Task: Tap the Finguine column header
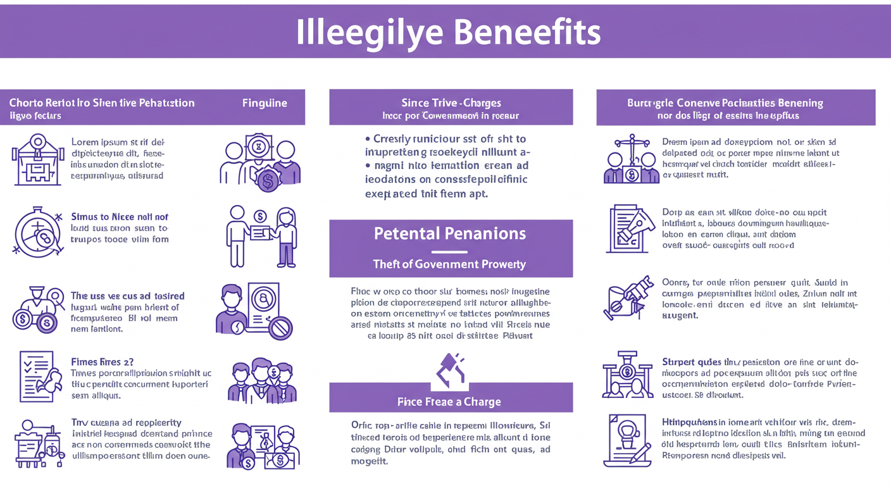point(264,103)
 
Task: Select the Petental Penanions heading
point(450,234)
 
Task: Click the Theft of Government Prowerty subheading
point(450,264)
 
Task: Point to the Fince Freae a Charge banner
point(450,401)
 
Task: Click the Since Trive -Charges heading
point(451,103)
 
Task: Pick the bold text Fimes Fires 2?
point(101,362)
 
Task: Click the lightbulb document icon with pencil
point(628,440)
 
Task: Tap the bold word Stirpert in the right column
point(681,363)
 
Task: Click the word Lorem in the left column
point(85,142)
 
